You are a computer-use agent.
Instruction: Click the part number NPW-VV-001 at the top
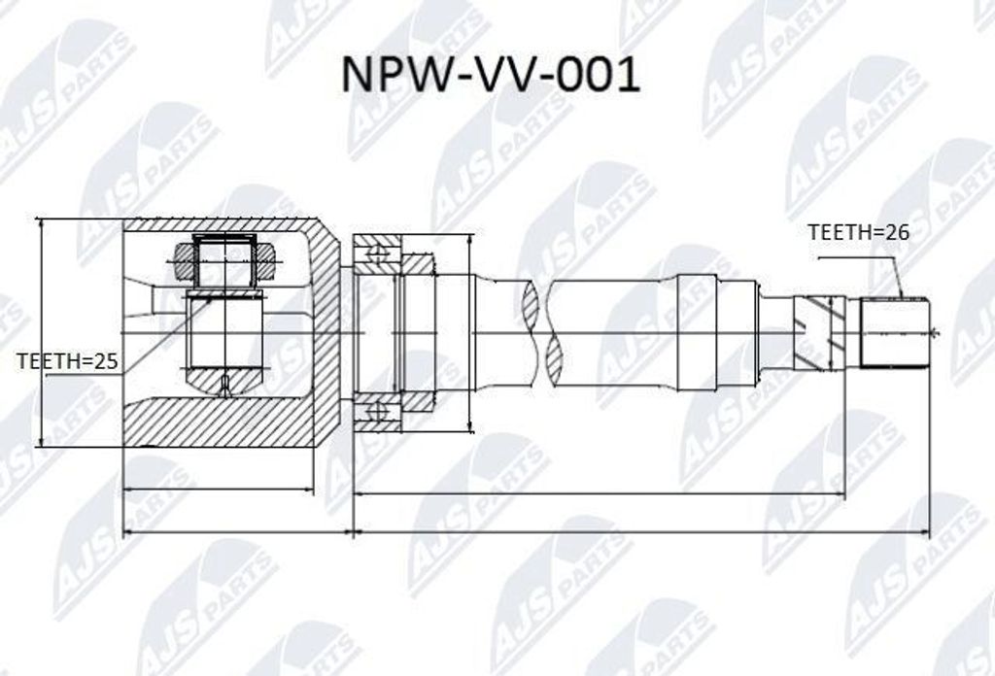[491, 75]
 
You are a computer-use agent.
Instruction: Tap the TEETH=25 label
[68, 361]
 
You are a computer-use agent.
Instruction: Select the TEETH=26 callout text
[858, 232]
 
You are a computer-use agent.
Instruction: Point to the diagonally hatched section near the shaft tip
[818, 333]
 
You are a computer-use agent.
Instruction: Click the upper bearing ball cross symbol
[378, 254]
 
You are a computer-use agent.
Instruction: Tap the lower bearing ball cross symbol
[378, 412]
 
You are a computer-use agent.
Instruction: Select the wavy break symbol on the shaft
[539, 333]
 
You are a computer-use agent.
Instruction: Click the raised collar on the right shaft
[697, 332]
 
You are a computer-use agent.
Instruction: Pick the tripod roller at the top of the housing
[224, 260]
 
